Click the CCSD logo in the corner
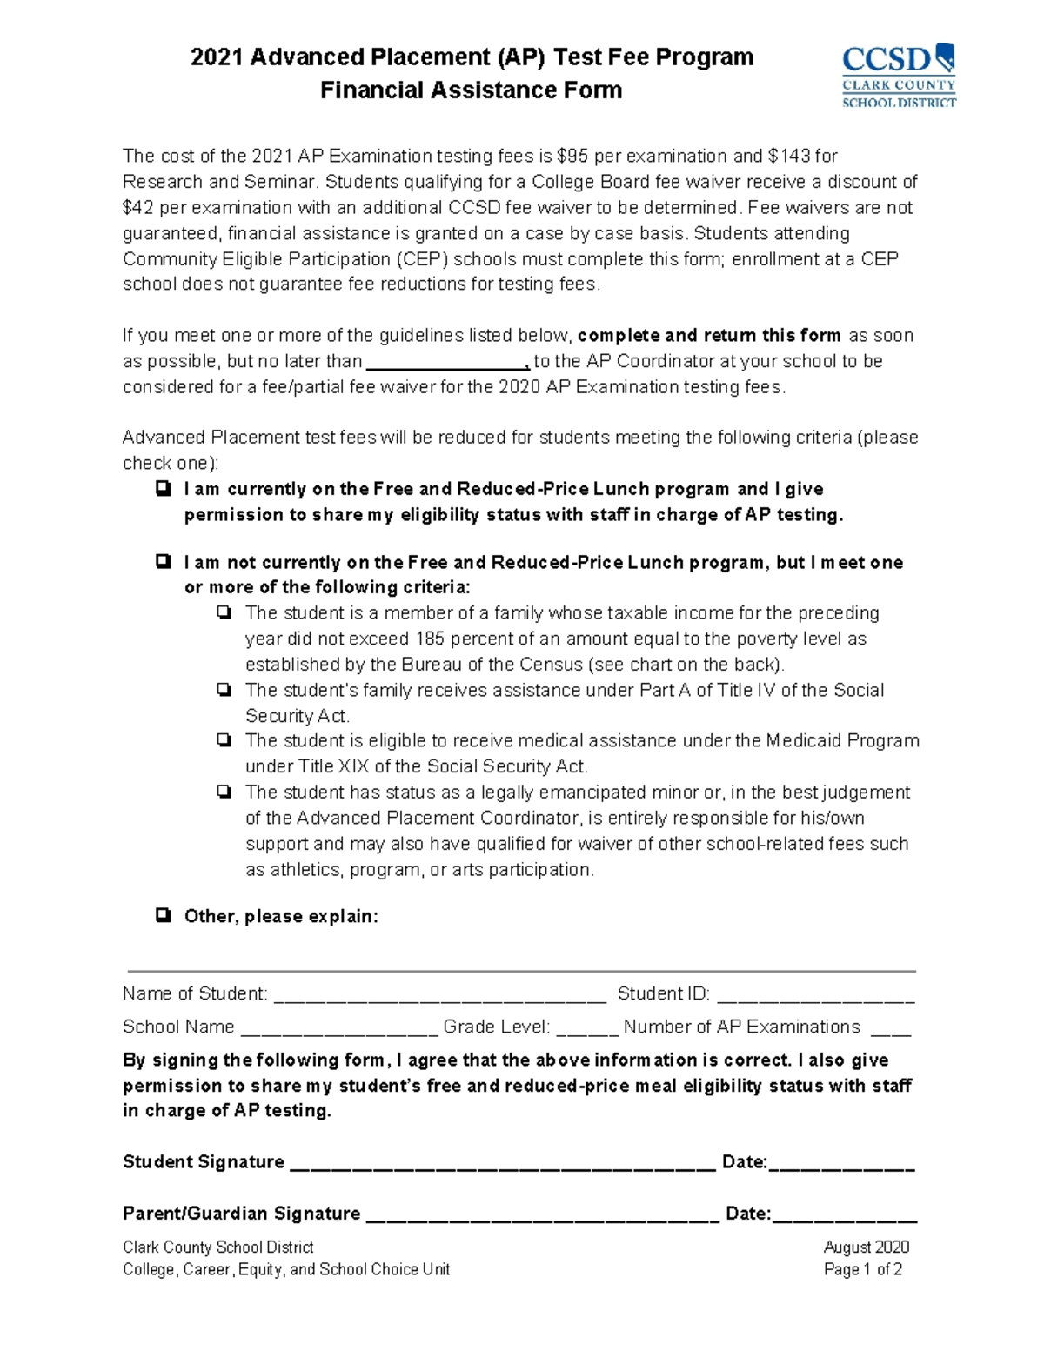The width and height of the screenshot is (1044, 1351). (898, 76)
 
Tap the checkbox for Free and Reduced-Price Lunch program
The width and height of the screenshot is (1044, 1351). (163, 489)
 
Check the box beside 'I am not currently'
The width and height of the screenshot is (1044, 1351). (163, 562)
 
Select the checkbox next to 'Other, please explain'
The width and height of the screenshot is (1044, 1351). (163, 915)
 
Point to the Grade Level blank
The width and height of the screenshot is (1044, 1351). (586, 1029)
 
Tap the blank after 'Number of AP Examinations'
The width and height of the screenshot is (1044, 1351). (890, 1029)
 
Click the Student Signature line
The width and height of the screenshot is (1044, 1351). (501, 1164)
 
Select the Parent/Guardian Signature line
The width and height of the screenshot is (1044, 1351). (542, 1215)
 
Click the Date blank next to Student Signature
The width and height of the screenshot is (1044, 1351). (841, 1164)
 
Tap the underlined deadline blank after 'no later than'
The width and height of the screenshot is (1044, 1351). (447, 362)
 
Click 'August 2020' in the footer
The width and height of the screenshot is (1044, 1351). (866, 1247)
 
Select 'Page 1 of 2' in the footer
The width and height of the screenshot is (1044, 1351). (862, 1270)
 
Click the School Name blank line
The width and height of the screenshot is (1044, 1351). (338, 1029)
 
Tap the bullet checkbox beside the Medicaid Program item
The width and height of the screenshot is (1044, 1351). (224, 741)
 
